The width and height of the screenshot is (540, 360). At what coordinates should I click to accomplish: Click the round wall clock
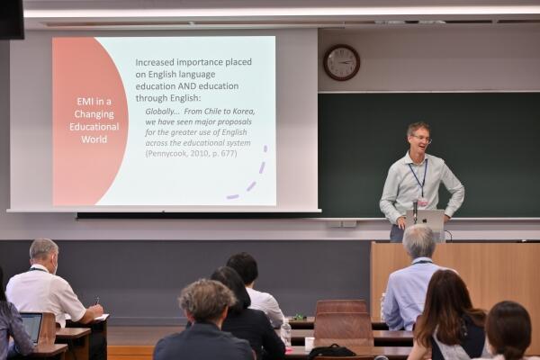342,62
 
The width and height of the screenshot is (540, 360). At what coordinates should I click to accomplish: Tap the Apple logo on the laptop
424,220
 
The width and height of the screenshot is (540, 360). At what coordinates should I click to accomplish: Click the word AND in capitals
187,85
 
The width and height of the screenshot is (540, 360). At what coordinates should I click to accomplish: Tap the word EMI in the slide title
85,102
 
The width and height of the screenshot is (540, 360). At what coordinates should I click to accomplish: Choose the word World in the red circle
94,139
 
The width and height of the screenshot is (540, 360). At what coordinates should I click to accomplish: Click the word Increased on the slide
155,62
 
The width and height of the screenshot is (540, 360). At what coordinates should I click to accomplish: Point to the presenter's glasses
422,139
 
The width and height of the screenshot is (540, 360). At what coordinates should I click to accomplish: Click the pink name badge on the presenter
422,202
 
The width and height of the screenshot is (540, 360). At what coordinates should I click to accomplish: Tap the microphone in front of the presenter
415,211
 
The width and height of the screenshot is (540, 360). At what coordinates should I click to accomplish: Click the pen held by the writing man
97,301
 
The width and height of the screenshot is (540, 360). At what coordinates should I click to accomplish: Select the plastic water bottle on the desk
285,332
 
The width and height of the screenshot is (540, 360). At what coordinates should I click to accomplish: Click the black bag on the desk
331,351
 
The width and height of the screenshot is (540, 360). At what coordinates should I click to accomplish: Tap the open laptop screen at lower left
31,328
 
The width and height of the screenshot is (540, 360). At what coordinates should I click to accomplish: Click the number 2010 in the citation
200,153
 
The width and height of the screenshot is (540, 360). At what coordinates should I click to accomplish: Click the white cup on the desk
310,342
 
